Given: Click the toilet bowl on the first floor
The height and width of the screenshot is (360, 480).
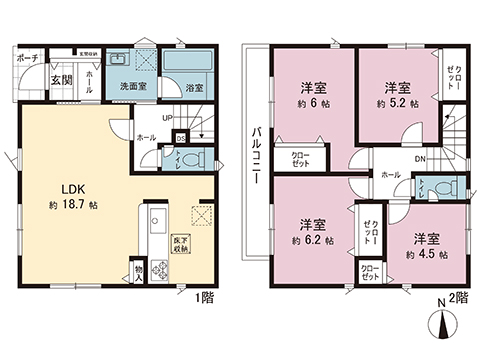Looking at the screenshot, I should point(195,157).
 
